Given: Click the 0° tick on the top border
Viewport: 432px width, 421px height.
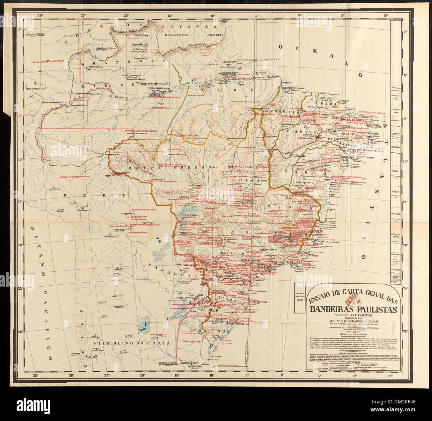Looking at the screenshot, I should (299, 15).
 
